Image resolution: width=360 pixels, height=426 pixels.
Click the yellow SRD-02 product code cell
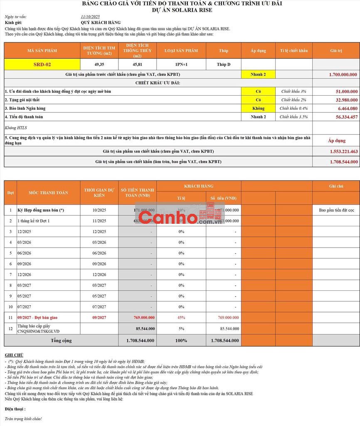click(42, 64)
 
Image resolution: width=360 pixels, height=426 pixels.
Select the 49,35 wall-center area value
click(99, 64)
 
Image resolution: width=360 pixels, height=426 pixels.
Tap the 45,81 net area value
click(137, 64)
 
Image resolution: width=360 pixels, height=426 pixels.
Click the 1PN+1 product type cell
click(181, 64)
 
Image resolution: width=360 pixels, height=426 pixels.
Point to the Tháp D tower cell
click(223, 64)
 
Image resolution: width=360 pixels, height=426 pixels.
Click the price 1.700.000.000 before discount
click(343, 74)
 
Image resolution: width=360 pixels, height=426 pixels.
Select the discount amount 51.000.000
click(347, 92)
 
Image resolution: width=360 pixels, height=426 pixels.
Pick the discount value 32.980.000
click(347, 100)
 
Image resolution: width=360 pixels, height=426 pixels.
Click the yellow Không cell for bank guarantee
click(258, 109)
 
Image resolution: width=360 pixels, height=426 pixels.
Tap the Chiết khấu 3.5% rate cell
click(293, 117)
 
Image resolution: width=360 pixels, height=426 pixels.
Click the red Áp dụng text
click(337, 141)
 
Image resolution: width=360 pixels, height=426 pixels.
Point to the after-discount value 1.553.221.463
click(343, 151)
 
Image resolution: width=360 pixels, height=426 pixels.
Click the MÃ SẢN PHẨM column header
click(42, 51)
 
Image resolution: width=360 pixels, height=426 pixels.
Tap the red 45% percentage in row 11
click(181, 317)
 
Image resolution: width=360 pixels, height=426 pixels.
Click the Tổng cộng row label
click(61, 340)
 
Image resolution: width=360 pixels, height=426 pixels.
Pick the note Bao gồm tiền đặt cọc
click(336, 210)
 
